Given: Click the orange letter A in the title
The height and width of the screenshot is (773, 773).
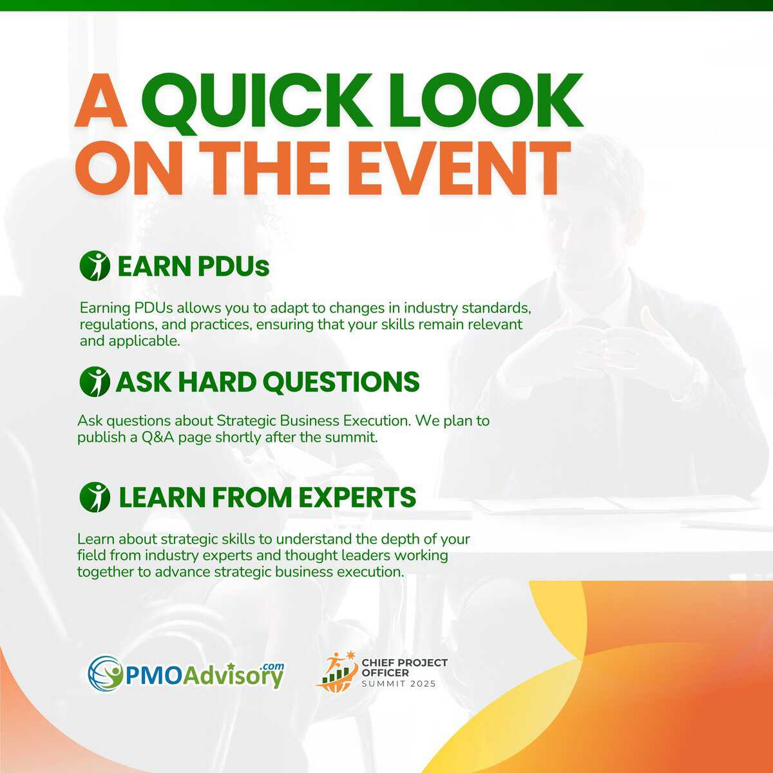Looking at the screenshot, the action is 101,100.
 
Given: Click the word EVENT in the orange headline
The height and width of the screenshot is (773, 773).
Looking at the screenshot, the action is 459,168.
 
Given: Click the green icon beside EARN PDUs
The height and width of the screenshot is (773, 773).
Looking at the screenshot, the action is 95,266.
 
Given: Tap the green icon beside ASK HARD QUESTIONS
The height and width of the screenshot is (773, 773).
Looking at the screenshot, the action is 95,381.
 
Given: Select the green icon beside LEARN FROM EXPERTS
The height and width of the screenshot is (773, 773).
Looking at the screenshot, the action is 95,497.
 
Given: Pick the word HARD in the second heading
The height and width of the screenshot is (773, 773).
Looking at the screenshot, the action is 216,382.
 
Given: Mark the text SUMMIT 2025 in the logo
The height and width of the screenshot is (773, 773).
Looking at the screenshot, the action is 398,684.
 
